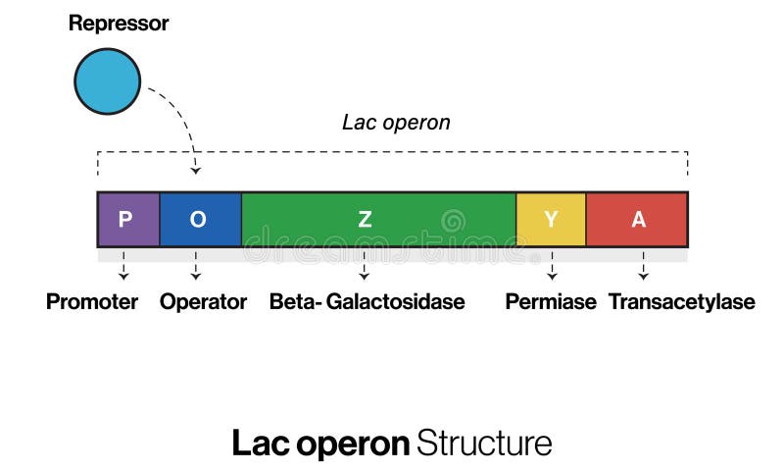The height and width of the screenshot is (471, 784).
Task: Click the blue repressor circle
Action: coord(108,80)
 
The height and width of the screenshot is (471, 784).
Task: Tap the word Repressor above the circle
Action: coord(119,24)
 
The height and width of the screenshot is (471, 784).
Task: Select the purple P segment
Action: coord(127,219)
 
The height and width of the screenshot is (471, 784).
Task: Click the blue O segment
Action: coord(200,219)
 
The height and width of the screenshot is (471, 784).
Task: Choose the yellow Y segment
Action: coord(551,219)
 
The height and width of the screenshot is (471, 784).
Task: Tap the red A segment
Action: coord(637,219)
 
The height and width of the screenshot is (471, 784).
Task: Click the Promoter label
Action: coord(92,301)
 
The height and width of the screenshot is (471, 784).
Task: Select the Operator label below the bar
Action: coord(203,301)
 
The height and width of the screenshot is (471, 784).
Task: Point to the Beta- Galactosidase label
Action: coord(367,301)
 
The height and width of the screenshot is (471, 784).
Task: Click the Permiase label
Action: coord(551,301)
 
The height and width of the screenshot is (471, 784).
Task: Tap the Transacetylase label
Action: coord(681,301)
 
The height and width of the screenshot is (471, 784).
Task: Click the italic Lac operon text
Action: coord(396,123)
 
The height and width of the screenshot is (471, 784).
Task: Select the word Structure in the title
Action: coord(484,443)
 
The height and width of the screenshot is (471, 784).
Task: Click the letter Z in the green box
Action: coord(365,220)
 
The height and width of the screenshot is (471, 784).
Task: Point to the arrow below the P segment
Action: coord(123,267)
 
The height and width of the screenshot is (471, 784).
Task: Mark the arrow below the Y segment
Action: coord(551,267)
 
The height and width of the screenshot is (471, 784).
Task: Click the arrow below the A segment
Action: coord(643,267)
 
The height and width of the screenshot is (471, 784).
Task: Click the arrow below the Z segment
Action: coord(364,267)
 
